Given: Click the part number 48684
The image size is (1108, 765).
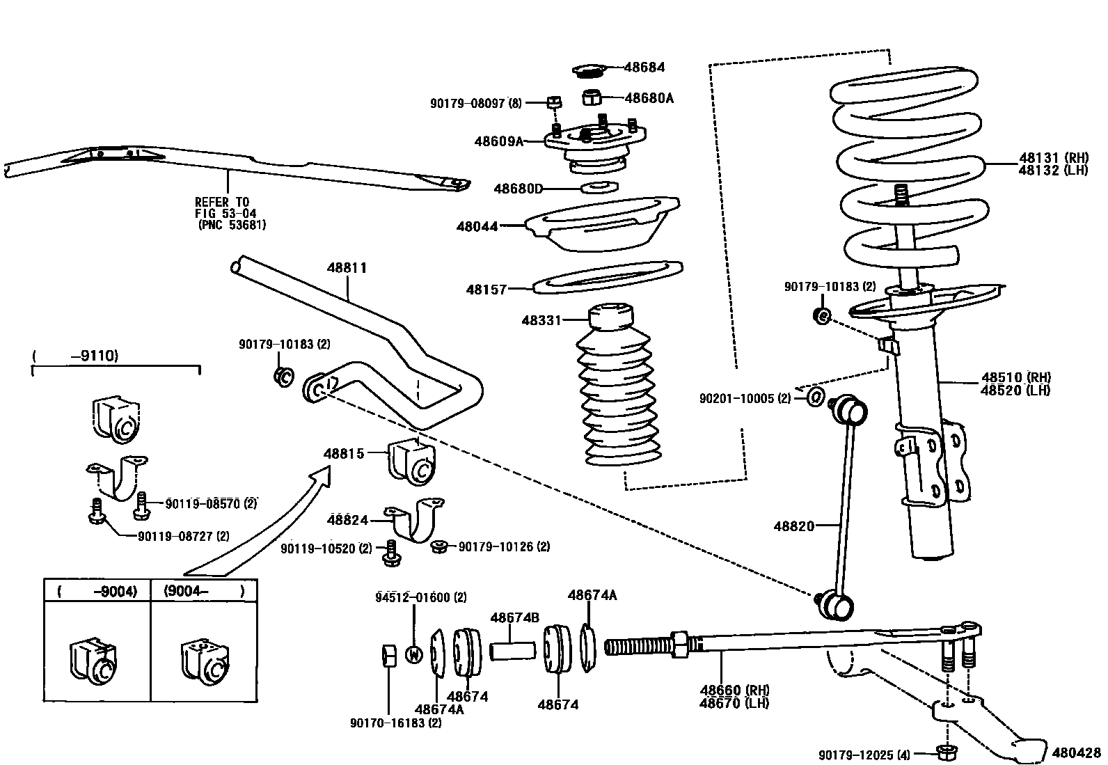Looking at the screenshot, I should [644, 68].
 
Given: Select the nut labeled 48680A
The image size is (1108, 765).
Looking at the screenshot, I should [591, 96].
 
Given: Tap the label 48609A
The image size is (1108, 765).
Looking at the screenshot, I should [498, 141].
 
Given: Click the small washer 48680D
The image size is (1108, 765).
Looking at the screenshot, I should [598, 187].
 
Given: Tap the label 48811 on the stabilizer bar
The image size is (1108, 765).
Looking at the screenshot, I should [347, 268].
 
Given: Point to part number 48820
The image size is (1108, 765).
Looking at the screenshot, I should [793, 526].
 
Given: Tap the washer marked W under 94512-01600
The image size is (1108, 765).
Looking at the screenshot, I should [413, 654].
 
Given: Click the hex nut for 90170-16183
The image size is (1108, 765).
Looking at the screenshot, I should [390, 655].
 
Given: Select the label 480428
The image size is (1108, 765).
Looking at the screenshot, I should [1077, 752].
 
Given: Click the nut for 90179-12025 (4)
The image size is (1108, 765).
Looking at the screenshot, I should [945, 752].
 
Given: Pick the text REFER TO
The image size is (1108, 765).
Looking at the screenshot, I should [221, 203].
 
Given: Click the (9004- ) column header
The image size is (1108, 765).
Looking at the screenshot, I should [204, 591].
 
